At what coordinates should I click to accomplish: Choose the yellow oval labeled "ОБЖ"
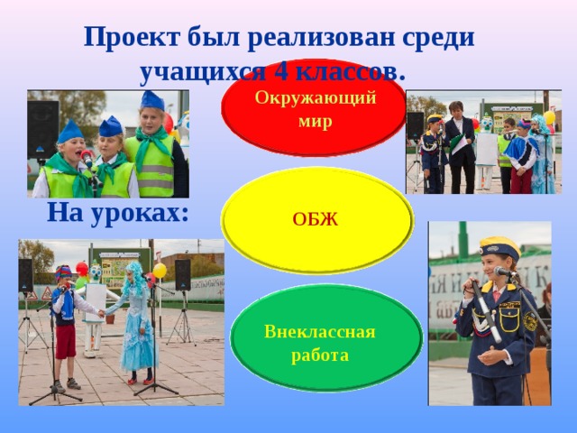point(317,219)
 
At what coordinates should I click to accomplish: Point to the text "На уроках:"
point(118,213)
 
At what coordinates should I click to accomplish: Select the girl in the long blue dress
point(136,325)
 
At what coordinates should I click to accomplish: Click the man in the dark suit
point(460,149)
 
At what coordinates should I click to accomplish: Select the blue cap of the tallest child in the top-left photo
point(151,99)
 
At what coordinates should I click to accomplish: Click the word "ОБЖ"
point(315,219)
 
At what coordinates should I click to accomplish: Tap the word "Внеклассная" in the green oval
point(319,331)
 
